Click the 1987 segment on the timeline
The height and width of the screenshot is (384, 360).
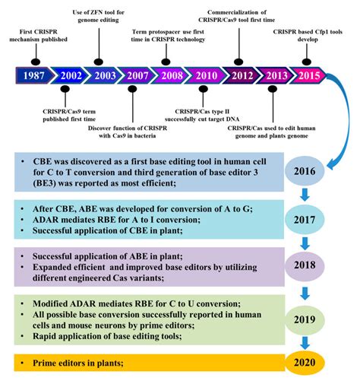point(34,76)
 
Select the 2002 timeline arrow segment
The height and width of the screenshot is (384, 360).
point(71,76)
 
